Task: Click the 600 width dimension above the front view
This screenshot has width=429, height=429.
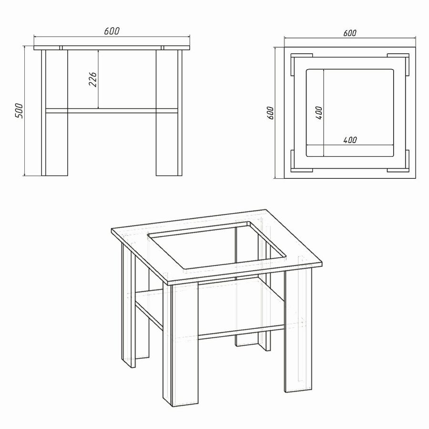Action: (x=112, y=31)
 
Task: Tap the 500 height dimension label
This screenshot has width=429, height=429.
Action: (x=19, y=111)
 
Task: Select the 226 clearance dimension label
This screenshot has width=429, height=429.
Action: (x=93, y=79)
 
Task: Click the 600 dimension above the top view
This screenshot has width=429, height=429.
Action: (x=350, y=33)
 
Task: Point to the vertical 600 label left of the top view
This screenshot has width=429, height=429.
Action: (x=270, y=112)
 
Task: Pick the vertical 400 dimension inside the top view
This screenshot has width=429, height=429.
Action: (x=319, y=112)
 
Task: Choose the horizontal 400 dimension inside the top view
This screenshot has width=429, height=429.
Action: (x=350, y=140)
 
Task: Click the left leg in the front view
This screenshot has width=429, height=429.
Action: (x=54, y=112)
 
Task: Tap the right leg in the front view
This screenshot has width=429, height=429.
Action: (x=169, y=112)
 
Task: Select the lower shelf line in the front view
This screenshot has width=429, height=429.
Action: (x=112, y=111)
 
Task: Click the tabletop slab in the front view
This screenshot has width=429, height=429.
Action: (x=112, y=48)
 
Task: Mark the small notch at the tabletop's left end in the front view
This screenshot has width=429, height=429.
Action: (x=61, y=48)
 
